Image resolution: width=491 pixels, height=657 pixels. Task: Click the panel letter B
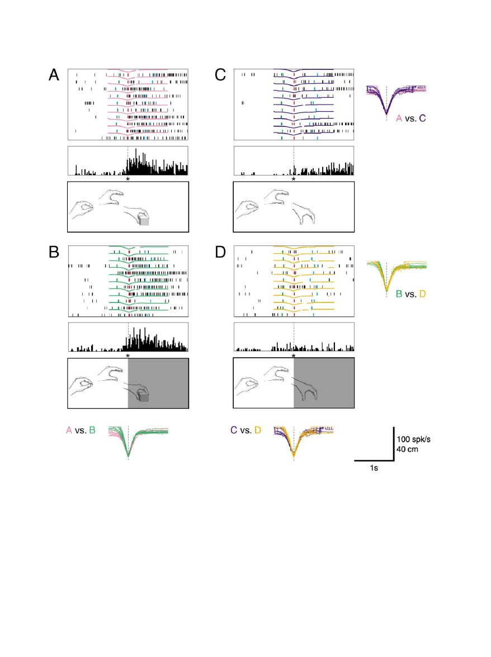[54, 252]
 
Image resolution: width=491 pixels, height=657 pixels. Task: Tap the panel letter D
[220, 252]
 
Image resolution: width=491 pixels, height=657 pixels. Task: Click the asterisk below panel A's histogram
[128, 179]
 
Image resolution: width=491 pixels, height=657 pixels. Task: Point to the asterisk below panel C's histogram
[294, 179]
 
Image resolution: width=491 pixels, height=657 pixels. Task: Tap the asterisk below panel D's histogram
[294, 356]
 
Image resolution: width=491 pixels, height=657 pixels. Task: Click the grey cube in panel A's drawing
[144, 221]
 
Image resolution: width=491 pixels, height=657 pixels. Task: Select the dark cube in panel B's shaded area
[144, 396]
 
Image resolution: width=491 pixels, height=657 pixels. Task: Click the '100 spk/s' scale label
[413, 439]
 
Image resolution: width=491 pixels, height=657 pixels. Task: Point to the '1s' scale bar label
[374, 468]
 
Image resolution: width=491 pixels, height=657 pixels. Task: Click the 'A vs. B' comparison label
[81, 430]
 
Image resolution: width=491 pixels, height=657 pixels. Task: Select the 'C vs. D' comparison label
[246, 430]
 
